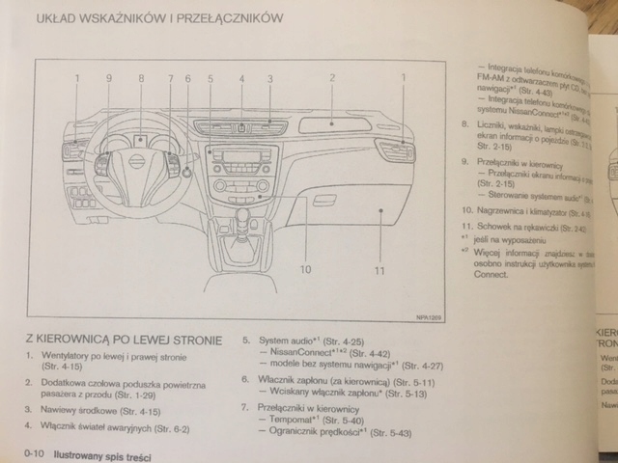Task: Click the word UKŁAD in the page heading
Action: [x=61, y=18]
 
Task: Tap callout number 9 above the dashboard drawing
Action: [x=109, y=77]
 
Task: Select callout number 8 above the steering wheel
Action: [x=141, y=77]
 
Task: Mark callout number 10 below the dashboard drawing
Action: [x=305, y=269]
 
